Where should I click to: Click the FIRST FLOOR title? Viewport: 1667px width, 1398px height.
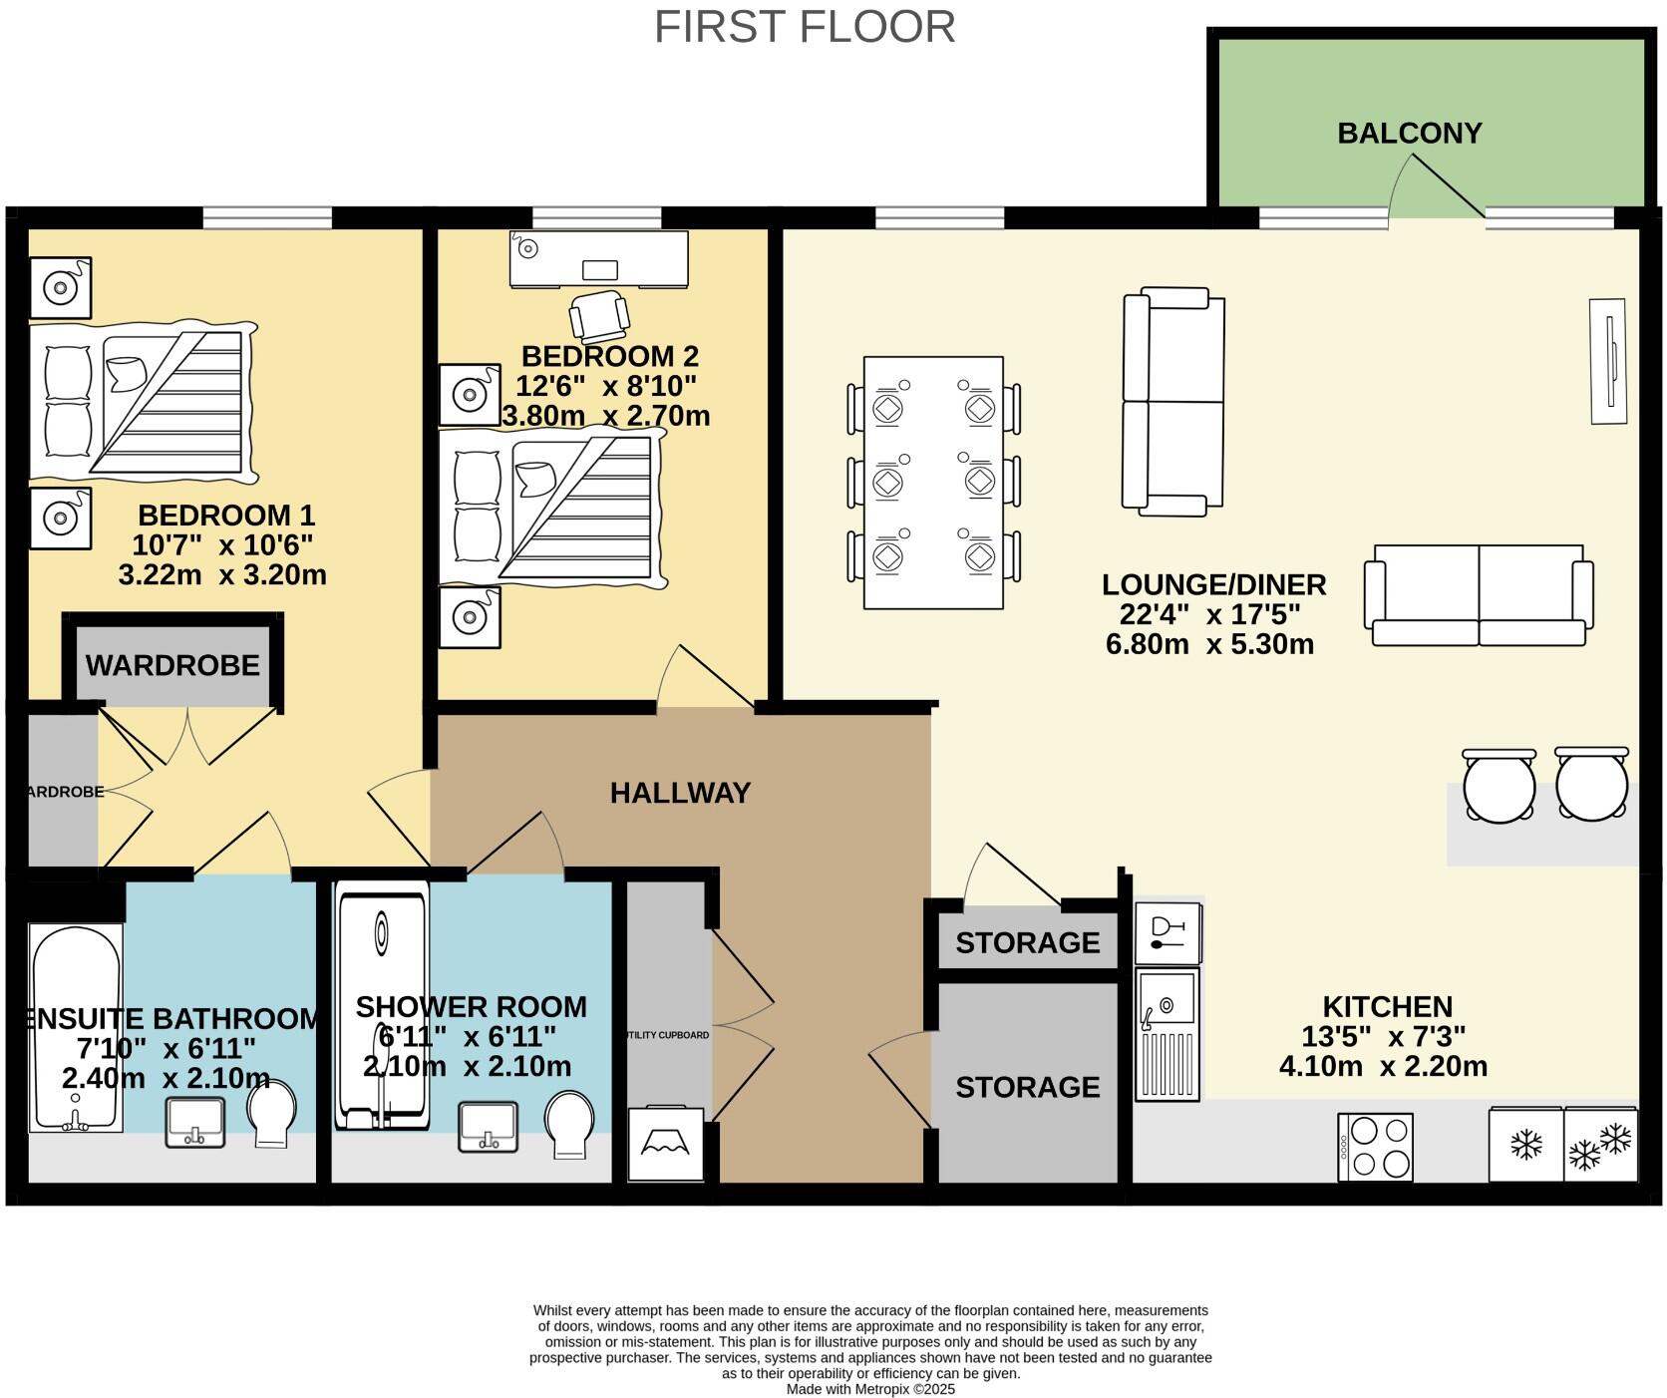(805, 27)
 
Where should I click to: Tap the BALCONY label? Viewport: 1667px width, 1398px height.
(1409, 133)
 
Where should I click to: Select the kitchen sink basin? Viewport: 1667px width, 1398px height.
(1167, 997)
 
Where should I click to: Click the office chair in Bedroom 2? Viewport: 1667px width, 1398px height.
(599, 316)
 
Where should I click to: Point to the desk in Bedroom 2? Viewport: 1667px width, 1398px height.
(599, 259)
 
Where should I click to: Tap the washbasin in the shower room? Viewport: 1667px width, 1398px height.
(489, 1127)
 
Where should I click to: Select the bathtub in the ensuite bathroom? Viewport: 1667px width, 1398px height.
(76, 1027)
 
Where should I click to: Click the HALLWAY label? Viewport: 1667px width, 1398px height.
(680, 793)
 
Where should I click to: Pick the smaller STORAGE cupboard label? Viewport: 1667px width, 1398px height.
(1027, 942)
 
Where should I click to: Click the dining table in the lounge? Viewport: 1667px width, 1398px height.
(933, 482)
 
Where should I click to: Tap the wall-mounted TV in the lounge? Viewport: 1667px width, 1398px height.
(1607, 361)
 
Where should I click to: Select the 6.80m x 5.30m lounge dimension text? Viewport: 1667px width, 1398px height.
(1209, 644)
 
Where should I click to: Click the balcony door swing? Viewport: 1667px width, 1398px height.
(1436, 189)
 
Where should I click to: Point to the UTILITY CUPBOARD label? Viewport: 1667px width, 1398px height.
(667, 1035)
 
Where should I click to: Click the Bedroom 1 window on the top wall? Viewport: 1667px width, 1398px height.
(267, 216)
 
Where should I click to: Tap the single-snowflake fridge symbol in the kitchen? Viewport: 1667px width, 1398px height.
(1525, 1145)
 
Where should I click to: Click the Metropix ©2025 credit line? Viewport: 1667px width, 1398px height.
(870, 1389)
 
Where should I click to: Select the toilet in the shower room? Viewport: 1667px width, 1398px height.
(570, 1124)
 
